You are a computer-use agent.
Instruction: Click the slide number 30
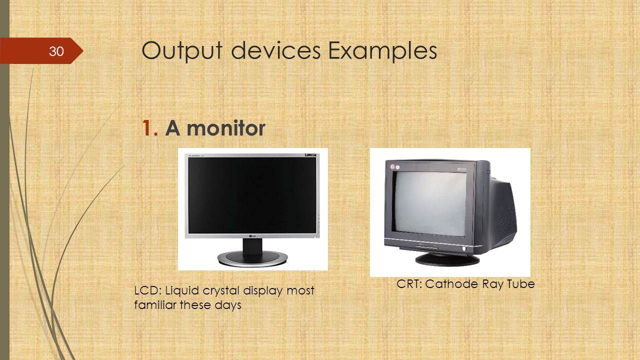coord(56,51)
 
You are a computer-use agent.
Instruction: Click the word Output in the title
coord(182,51)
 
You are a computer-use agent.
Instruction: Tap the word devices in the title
coord(275,50)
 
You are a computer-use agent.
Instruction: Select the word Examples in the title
coord(382,51)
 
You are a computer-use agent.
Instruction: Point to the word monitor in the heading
coord(226,128)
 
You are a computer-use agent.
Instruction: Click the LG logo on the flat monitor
coord(252,236)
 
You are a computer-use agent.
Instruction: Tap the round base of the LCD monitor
coord(252,259)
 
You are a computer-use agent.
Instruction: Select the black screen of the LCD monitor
coord(252,195)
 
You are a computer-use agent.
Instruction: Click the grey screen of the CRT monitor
coord(430,203)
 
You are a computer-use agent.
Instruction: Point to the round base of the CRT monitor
coord(447,259)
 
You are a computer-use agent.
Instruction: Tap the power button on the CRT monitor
coord(464,249)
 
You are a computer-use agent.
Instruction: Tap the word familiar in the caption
coord(155,305)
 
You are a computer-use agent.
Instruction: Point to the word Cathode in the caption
coord(451,283)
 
